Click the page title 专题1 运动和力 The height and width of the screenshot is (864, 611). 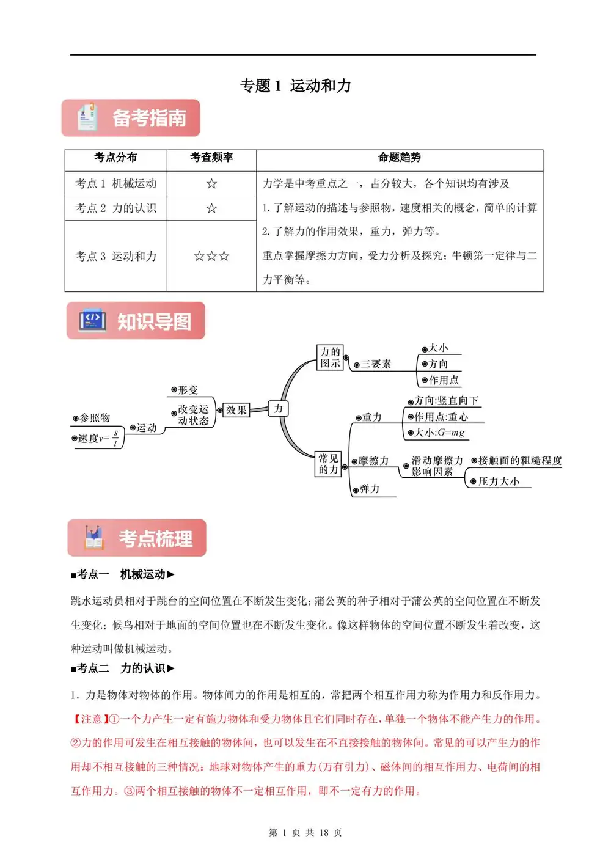[x=296, y=86]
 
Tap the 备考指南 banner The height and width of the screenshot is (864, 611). [x=131, y=118]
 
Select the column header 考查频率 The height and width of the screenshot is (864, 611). [x=211, y=158]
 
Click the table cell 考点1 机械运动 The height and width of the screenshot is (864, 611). [x=116, y=183]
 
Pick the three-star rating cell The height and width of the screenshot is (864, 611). [x=211, y=256]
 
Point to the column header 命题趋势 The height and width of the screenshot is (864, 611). [x=400, y=158]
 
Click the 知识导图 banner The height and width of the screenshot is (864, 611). [x=136, y=321]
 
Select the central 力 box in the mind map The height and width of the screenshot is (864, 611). [x=279, y=408]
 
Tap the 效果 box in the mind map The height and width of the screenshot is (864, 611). [x=236, y=410]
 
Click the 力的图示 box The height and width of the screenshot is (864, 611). [x=331, y=357]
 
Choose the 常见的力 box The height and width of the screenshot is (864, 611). [x=329, y=464]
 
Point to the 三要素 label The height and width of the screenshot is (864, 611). [x=376, y=364]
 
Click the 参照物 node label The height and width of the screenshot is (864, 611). [x=95, y=418]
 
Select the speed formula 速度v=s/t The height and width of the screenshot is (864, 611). [x=98, y=438]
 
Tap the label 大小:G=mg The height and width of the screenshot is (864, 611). [x=439, y=433]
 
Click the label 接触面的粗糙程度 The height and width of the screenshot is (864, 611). [x=519, y=461]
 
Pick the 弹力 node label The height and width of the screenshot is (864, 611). [x=370, y=489]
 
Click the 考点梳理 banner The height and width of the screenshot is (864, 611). [x=137, y=538]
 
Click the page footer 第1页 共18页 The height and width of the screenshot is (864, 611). [x=305, y=832]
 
